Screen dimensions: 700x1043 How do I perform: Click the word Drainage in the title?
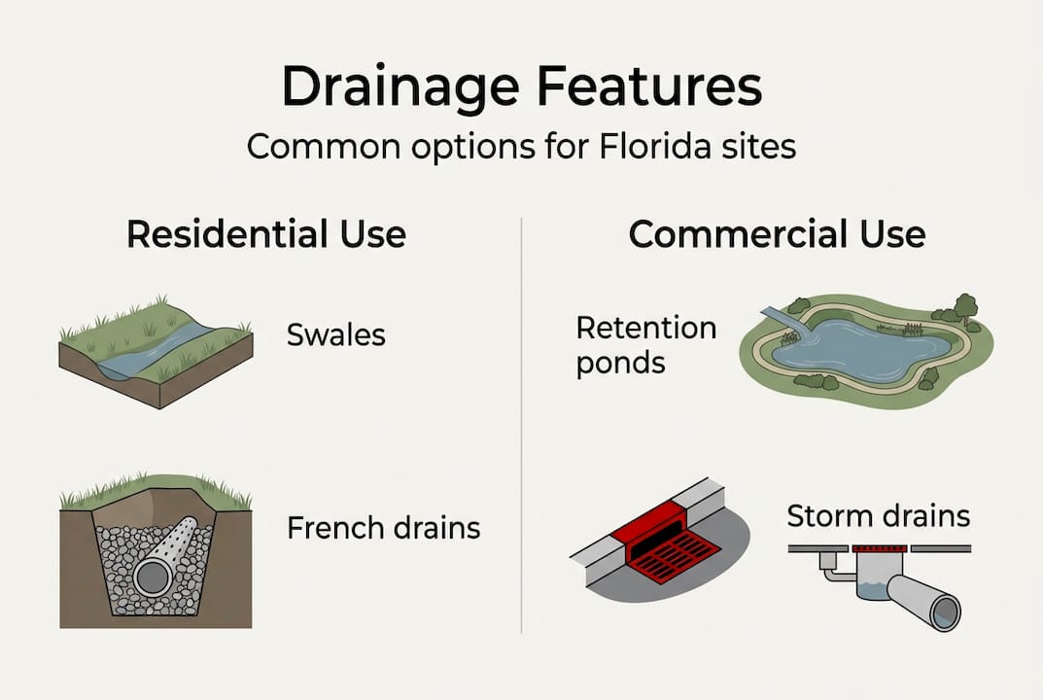[393, 88]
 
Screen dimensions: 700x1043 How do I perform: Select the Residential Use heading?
[265, 235]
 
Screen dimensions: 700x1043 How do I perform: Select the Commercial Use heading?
[777, 235]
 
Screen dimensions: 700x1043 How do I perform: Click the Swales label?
[335, 335]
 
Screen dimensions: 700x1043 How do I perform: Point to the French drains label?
[383, 528]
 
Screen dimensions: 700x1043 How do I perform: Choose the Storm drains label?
[878, 515]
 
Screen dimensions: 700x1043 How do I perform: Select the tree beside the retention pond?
[964, 305]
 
